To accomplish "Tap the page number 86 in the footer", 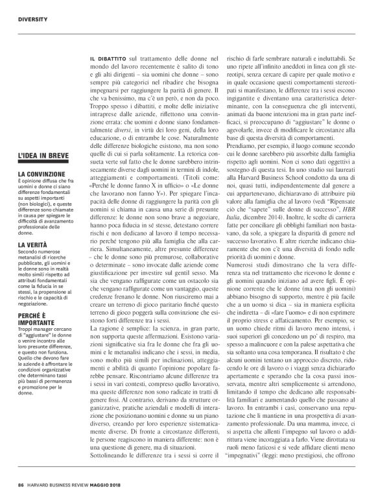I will click(x=21, y=484).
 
